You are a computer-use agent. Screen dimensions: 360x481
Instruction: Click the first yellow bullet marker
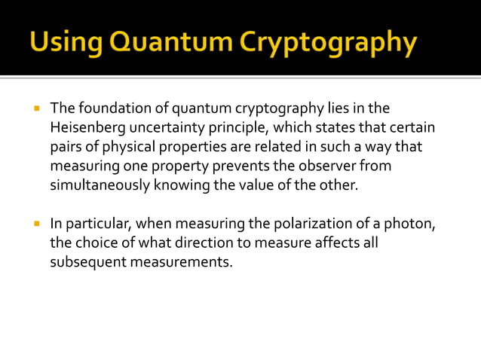[x=35, y=108]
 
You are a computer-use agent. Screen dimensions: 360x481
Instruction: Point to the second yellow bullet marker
[x=35, y=224]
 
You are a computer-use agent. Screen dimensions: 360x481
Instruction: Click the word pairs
[x=66, y=147]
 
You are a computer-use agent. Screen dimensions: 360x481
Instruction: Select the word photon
[x=412, y=224]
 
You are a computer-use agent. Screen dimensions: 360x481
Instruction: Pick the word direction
[x=213, y=243]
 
